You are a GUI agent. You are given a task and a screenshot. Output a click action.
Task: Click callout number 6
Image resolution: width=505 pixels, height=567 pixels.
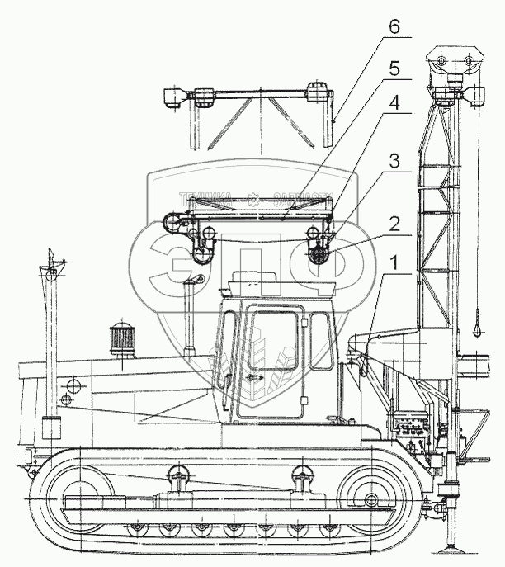coord(395,28)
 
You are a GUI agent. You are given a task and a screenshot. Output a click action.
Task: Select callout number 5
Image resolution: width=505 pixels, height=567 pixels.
coord(394,69)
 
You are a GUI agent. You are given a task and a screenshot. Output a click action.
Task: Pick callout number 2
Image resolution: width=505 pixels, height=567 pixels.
coord(395,223)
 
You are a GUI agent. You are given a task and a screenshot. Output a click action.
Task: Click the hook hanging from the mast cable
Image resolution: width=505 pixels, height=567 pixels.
coord(478,329)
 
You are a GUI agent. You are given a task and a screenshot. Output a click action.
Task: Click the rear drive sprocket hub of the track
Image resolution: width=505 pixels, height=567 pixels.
coord(370,499)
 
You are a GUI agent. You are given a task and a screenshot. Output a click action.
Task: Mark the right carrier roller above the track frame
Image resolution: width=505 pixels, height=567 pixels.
coord(300,476)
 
